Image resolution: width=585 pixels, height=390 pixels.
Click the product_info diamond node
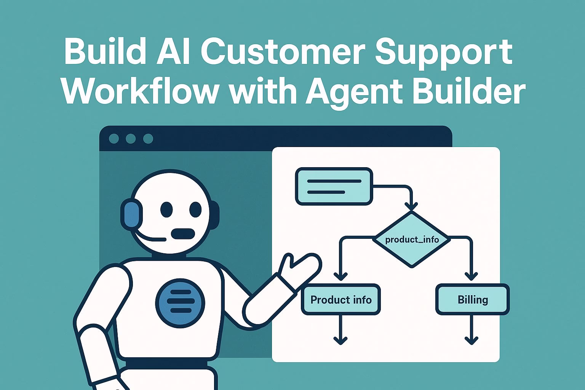tap(412, 240)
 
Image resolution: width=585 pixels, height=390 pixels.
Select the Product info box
tap(341, 300)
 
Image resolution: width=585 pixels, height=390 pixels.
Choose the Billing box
tap(472, 300)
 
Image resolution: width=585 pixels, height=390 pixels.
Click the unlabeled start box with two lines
tap(334, 186)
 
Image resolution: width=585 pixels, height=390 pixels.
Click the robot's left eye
tap(166, 209)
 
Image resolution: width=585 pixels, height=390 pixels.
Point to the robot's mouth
tap(183, 233)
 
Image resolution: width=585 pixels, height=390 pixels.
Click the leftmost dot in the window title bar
tap(113, 139)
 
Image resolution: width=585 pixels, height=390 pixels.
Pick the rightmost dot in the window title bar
tap(148, 139)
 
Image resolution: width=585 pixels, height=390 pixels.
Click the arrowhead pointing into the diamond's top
tap(411, 206)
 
